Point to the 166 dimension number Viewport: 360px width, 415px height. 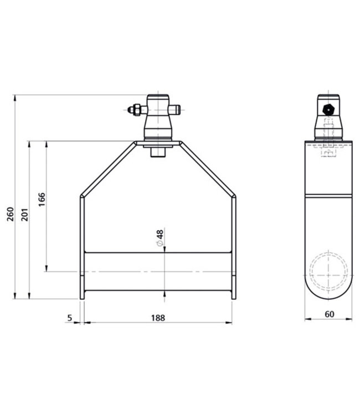click(43, 199)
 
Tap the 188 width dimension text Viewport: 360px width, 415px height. click(158, 318)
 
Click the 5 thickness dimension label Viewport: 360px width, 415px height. click(70, 318)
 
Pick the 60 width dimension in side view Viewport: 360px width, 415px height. click(329, 314)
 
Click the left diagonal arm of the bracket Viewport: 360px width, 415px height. click(108, 169)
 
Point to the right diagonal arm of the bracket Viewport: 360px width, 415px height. click(208, 169)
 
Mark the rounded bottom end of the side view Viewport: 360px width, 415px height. click(329, 290)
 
